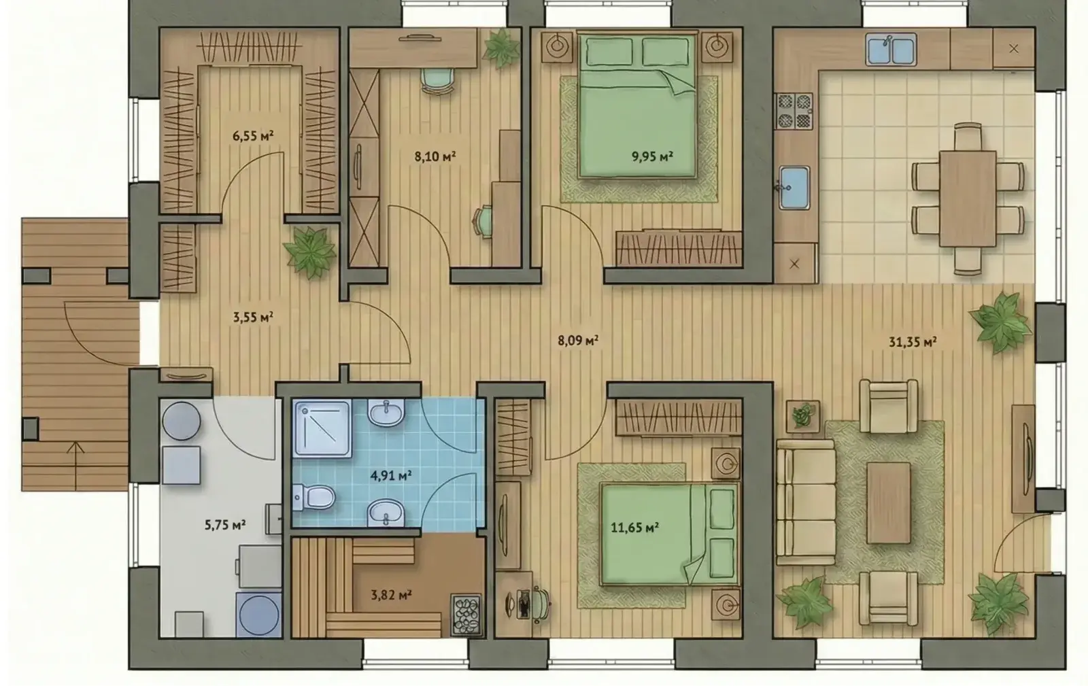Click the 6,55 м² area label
point(252,135)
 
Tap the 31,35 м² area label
point(913,342)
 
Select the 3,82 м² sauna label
point(392,595)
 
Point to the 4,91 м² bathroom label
point(391,475)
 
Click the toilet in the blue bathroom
point(314,497)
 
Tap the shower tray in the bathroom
point(322,428)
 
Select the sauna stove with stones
point(466,614)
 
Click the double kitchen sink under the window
point(891,50)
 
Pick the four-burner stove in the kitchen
point(794,112)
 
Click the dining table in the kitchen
point(968,199)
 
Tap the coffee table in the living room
point(888,503)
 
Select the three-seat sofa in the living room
point(806,502)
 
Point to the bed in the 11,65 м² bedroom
point(669,534)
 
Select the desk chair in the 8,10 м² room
point(438,80)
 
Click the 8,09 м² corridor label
point(578,341)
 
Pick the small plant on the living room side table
point(803,415)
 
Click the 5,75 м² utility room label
point(225,525)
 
